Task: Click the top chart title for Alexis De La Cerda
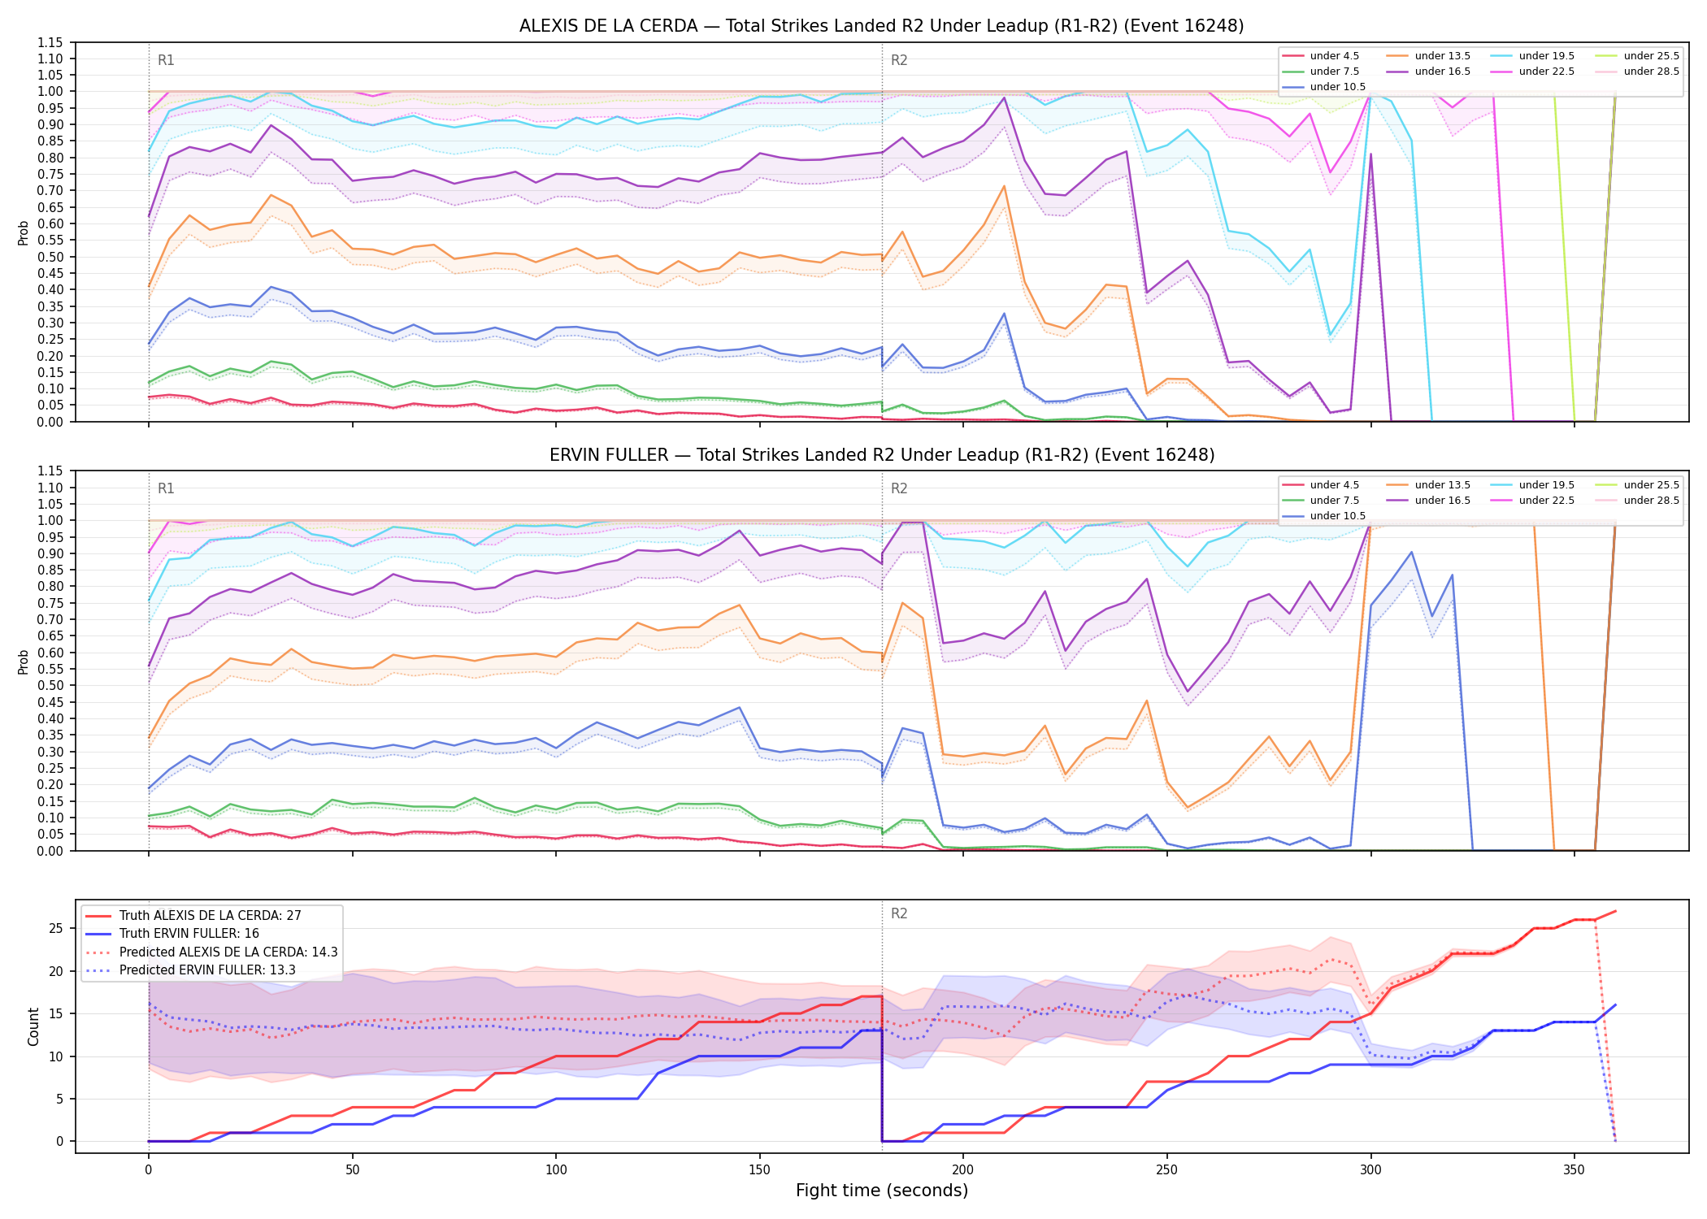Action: (x=882, y=26)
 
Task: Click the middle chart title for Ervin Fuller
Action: (x=882, y=455)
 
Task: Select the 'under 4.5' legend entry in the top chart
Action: (x=1321, y=56)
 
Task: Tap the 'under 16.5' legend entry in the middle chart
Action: (x=1428, y=501)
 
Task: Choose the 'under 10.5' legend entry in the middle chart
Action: (x=1324, y=516)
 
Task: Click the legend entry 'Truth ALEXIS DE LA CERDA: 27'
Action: (x=193, y=916)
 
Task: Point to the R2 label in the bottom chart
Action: (x=899, y=913)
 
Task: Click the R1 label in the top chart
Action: (x=166, y=60)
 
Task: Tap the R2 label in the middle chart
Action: (x=899, y=488)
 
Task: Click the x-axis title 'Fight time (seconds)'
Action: (x=882, y=1191)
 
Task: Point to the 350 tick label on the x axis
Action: (x=1574, y=1170)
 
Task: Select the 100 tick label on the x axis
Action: (x=556, y=1170)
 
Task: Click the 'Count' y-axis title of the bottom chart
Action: (x=33, y=1026)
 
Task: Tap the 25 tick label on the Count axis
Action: (x=56, y=929)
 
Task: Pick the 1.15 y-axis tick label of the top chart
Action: (x=50, y=43)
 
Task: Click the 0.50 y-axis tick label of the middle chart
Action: (x=50, y=686)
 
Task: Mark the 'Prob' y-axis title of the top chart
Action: (x=24, y=232)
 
